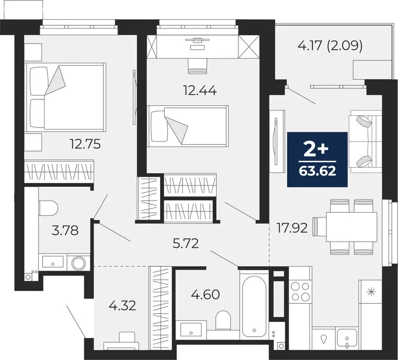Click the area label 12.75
pos(86,143)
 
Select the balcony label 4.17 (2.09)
pos(330,47)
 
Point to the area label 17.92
pos(292,228)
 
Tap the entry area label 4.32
pos(122,306)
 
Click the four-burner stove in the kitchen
pos(300,291)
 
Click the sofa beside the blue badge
pos(364,141)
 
